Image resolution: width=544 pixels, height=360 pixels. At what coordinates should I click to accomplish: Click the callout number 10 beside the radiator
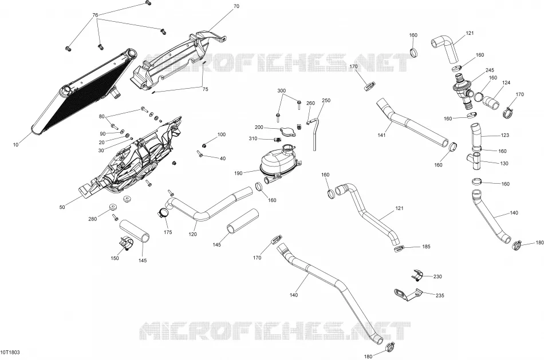click(x=15, y=145)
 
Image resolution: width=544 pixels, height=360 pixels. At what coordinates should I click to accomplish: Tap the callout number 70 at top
click(x=236, y=6)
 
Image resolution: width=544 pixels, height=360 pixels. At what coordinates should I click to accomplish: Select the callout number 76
click(x=95, y=15)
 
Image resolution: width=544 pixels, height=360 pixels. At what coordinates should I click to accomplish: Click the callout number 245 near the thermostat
click(x=490, y=70)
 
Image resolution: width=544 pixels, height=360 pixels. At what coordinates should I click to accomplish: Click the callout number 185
click(x=426, y=247)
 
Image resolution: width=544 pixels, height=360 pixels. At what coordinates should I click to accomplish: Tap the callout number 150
click(x=115, y=258)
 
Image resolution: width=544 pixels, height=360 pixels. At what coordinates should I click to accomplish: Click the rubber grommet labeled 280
click(x=113, y=207)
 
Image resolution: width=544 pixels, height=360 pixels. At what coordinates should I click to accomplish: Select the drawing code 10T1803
click(x=10, y=353)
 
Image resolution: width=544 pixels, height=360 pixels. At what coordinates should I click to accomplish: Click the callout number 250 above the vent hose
click(x=326, y=100)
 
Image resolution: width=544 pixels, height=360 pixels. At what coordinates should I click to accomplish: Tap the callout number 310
click(x=253, y=139)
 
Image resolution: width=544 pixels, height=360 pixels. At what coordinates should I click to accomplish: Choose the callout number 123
click(x=505, y=135)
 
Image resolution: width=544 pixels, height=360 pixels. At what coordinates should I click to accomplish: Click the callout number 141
click(x=381, y=135)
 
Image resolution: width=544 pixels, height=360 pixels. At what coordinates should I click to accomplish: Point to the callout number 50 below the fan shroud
click(x=62, y=207)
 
